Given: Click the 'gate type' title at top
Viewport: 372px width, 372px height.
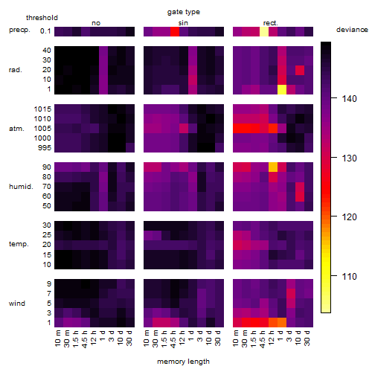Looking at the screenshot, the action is pyautogui.click(x=184, y=12).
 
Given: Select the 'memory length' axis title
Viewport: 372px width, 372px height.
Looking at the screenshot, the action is pyautogui.click(x=183, y=362).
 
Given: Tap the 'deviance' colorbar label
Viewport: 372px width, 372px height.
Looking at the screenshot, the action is pyautogui.click(x=352, y=30).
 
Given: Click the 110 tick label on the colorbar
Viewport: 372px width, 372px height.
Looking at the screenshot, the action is pyautogui.click(x=349, y=276).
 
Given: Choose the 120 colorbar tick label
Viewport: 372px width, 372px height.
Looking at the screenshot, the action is pyautogui.click(x=349, y=217).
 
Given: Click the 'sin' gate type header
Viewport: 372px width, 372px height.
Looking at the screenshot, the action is pyautogui.click(x=183, y=23).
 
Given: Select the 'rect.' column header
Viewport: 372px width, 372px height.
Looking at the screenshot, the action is pyautogui.click(x=271, y=23).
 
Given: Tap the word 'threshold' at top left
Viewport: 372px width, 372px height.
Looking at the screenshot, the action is pyautogui.click(x=42, y=18).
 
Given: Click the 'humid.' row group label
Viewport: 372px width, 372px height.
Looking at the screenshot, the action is pyautogui.click(x=21, y=187).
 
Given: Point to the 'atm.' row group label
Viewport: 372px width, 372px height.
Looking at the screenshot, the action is pyautogui.click(x=16, y=129).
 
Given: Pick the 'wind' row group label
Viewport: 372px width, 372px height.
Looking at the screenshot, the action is pyautogui.click(x=17, y=304).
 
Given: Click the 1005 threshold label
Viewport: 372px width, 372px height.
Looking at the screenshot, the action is pyautogui.click(x=42, y=129).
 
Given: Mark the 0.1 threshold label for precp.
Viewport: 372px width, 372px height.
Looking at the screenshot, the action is pyautogui.click(x=45, y=31).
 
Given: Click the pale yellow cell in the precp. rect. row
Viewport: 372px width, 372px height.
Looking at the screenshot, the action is pyautogui.click(x=264, y=31).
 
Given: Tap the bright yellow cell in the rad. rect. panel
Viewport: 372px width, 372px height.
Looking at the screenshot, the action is pyautogui.click(x=282, y=89).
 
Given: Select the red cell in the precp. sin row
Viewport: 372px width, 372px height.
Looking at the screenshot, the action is pyautogui.click(x=175, y=31).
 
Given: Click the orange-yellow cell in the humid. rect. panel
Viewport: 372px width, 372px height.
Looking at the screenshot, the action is pyautogui.click(x=273, y=167).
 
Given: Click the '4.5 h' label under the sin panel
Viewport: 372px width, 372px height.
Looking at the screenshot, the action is pyautogui.click(x=173, y=339).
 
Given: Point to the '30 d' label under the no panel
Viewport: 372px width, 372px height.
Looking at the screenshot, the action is pyautogui.click(x=129, y=338).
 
